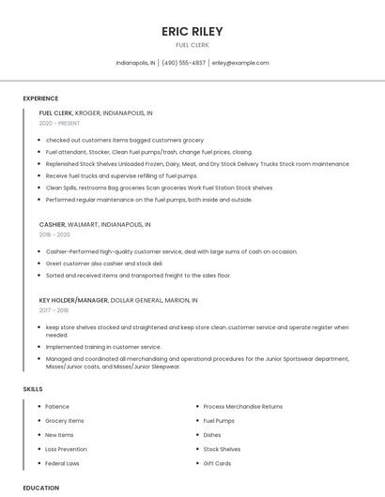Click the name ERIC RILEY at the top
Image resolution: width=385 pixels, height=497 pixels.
(192, 31)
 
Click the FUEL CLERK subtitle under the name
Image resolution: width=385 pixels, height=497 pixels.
(192, 45)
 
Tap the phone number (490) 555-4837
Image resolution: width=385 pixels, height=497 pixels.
(183, 63)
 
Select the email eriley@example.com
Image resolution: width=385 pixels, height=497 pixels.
(240, 63)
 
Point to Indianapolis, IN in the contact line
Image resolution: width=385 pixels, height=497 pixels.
(135, 63)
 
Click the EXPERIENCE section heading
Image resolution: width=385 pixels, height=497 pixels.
(40, 98)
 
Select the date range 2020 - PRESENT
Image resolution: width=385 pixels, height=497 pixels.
(58, 123)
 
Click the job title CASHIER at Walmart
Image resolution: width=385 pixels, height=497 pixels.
(52, 225)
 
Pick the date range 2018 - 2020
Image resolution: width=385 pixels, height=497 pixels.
(54, 235)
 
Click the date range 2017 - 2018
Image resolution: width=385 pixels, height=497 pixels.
(54, 310)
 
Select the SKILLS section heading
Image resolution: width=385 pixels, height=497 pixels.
(33, 388)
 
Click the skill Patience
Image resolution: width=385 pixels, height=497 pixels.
(57, 407)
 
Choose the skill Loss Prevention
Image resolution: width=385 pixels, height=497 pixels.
(66, 449)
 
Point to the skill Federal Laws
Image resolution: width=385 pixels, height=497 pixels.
(62, 463)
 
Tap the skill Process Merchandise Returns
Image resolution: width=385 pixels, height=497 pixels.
(242, 407)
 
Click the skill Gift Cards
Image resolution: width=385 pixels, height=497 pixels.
(217, 463)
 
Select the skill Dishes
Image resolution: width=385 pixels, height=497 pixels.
(212, 435)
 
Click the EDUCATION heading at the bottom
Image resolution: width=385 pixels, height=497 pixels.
(41, 488)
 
